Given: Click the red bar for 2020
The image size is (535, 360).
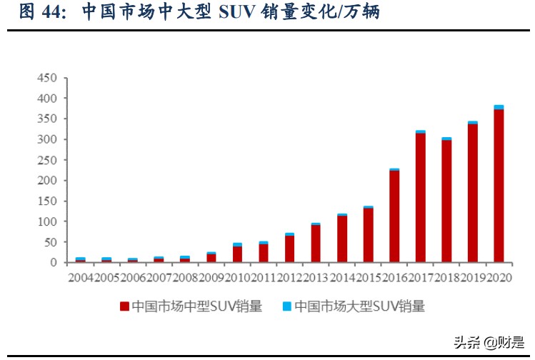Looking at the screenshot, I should click(499, 186).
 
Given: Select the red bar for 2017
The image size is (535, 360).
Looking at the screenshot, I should click(421, 198).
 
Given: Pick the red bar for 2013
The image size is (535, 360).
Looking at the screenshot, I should click(316, 244).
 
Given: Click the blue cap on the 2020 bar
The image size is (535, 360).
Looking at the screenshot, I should click(499, 107).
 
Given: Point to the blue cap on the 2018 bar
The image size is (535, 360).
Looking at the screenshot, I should click(446, 139).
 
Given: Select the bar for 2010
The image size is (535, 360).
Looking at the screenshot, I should click(237, 254).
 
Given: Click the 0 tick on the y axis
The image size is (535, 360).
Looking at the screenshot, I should click(54, 263).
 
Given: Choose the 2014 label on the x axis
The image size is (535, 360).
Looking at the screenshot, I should click(342, 276).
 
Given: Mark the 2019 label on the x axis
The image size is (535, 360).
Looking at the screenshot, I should click(473, 276).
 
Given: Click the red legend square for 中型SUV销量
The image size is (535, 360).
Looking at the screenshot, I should click(124, 307).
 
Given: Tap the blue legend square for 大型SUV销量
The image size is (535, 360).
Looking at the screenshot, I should click(286, 307).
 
